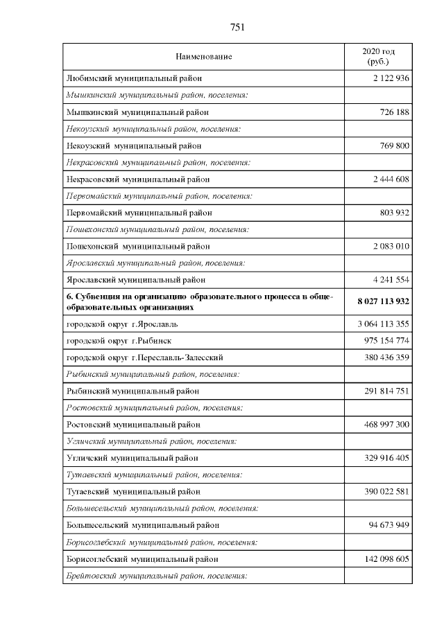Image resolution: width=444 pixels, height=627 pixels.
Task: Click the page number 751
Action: [237, 28]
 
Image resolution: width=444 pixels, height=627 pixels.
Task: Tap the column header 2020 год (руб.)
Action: [379, 56]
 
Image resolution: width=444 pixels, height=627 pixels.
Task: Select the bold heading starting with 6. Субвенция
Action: [200, 301]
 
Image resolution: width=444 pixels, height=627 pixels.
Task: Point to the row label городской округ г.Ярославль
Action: [122, 324]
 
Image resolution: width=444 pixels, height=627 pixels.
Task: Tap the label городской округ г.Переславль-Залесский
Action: [144, 357]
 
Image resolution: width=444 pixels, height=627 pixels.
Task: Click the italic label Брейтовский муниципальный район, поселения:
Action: [156, 575]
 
